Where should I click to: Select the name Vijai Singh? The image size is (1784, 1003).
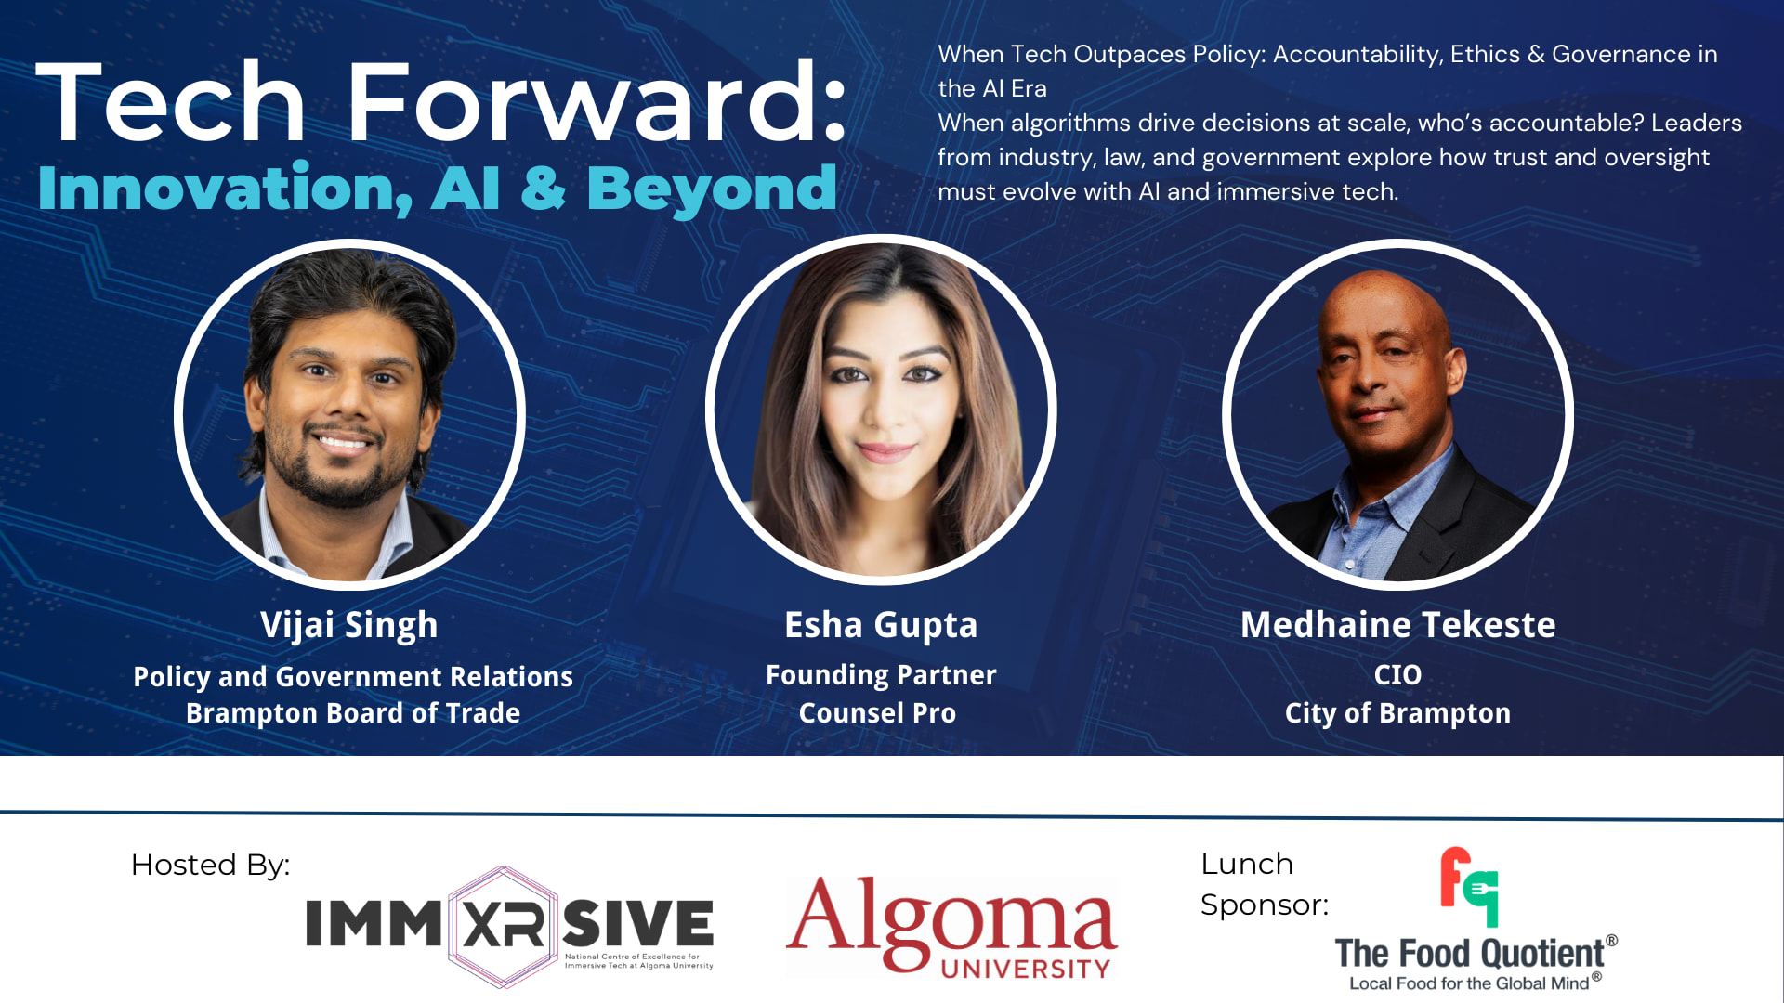(349, 626)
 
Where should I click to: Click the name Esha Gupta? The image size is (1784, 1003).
(881, 626)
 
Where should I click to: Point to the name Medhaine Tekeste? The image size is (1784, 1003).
(1398, 625)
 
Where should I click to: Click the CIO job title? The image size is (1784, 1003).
(1397, 675)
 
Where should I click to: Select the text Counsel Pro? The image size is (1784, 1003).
(877, 713)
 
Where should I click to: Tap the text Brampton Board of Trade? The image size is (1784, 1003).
(353, 713)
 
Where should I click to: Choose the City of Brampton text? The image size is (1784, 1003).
(1397, 714)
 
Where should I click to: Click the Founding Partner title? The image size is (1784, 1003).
(881, 676)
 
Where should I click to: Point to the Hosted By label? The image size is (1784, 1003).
(210, 866)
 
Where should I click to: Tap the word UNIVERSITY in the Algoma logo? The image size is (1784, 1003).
(1026, 970)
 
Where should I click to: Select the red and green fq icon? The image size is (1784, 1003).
(1469, 887)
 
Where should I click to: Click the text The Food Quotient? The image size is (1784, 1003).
(1470, 954)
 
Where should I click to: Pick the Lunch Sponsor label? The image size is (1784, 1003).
(1265, 884)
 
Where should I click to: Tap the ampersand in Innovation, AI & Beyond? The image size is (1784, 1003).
(543, 188)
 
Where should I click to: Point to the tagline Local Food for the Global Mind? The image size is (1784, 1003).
(1469, 984)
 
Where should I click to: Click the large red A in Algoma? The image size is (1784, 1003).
(820, 915)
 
